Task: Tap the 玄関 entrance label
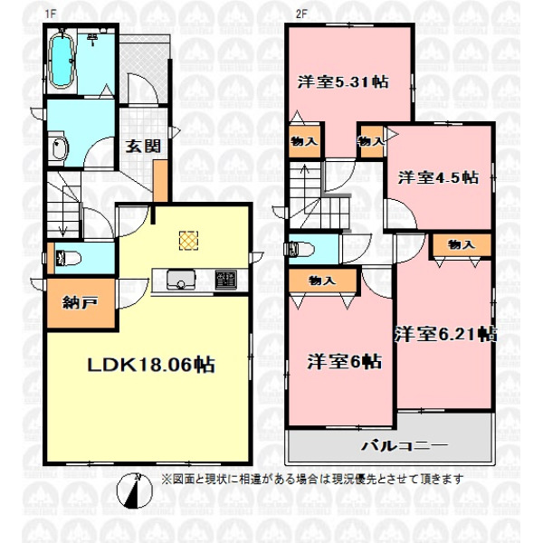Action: (x=143, y=146)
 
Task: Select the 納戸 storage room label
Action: (x=80, y=302)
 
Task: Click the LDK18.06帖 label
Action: (x=151, y=365)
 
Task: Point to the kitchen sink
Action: (x=181, y=279)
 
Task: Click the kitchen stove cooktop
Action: (x=225, y=279)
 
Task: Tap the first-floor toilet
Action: (x=68, y=258)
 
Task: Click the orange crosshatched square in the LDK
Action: (x=189, y=241)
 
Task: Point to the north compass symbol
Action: (x=134, y=491)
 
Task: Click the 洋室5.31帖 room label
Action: (x=343, y=82)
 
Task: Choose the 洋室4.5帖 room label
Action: (x=438, y=177)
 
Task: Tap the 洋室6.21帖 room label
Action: (x=445, y=334)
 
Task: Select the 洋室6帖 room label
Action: (x=344, y=362)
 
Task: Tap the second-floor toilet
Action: (x=300, y=249)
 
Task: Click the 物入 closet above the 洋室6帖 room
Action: (x=323, y=281)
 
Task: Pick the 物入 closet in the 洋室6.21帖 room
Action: (x=461, y=245)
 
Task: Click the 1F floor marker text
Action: (x=51, y=14)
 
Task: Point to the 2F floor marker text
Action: (x=301, y=14)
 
